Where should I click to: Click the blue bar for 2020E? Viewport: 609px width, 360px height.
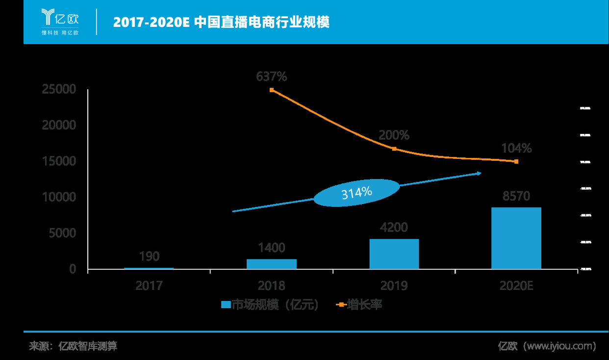click(x=516, y=238)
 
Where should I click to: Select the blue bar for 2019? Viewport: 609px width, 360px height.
click(x=394, y=254)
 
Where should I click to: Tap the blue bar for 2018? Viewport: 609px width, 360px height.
click(x=271, y=264)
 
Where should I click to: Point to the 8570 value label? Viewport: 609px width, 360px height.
click(x=516, y=196)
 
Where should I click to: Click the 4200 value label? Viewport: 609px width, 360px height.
click(x=394, y=228)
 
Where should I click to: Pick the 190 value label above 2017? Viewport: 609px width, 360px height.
click(x=149, y=256)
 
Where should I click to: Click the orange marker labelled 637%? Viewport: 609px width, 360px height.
click(x=272, y=90)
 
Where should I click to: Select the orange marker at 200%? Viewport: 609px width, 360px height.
click(x=394, y=149)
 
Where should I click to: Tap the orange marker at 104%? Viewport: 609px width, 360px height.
click(x=516, y=161)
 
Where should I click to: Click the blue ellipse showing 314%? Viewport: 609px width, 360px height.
click(x=356, y=193)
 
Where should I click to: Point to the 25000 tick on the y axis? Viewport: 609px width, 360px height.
click(x=59, y=89)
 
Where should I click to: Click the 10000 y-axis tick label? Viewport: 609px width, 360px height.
click(x=59, y=197)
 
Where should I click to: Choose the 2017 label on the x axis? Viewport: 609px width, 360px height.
click(x=149, y=285)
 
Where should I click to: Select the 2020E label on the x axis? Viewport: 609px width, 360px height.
click(x=516, y=285)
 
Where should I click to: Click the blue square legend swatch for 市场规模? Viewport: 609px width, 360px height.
click(x=226, y=305)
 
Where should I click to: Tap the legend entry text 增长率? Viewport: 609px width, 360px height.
click(x=364, y=305)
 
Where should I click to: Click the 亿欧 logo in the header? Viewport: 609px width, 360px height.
click(x=60, y=21)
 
